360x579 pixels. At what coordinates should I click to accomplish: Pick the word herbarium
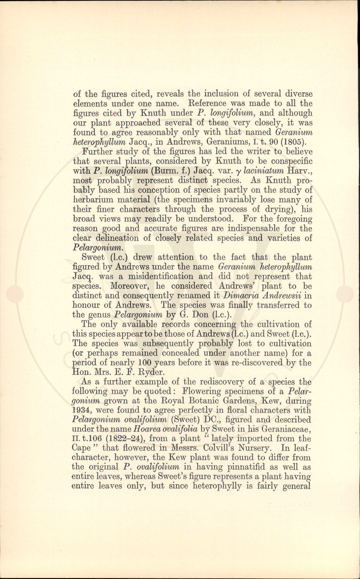pos(91,200)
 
